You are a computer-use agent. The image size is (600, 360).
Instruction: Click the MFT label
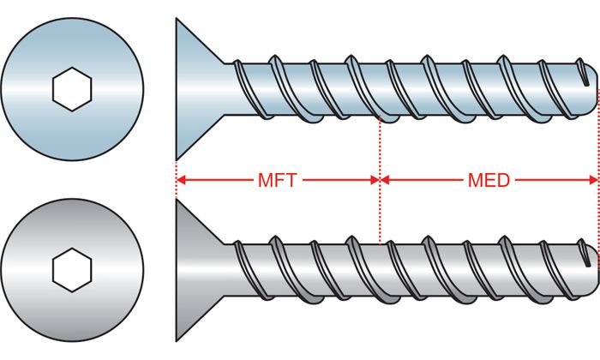277,181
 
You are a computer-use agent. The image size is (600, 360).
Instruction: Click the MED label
489,181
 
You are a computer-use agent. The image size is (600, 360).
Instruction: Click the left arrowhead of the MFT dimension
182,181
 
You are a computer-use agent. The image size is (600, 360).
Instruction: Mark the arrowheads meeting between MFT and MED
379,181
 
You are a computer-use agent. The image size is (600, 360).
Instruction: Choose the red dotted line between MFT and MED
379,146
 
